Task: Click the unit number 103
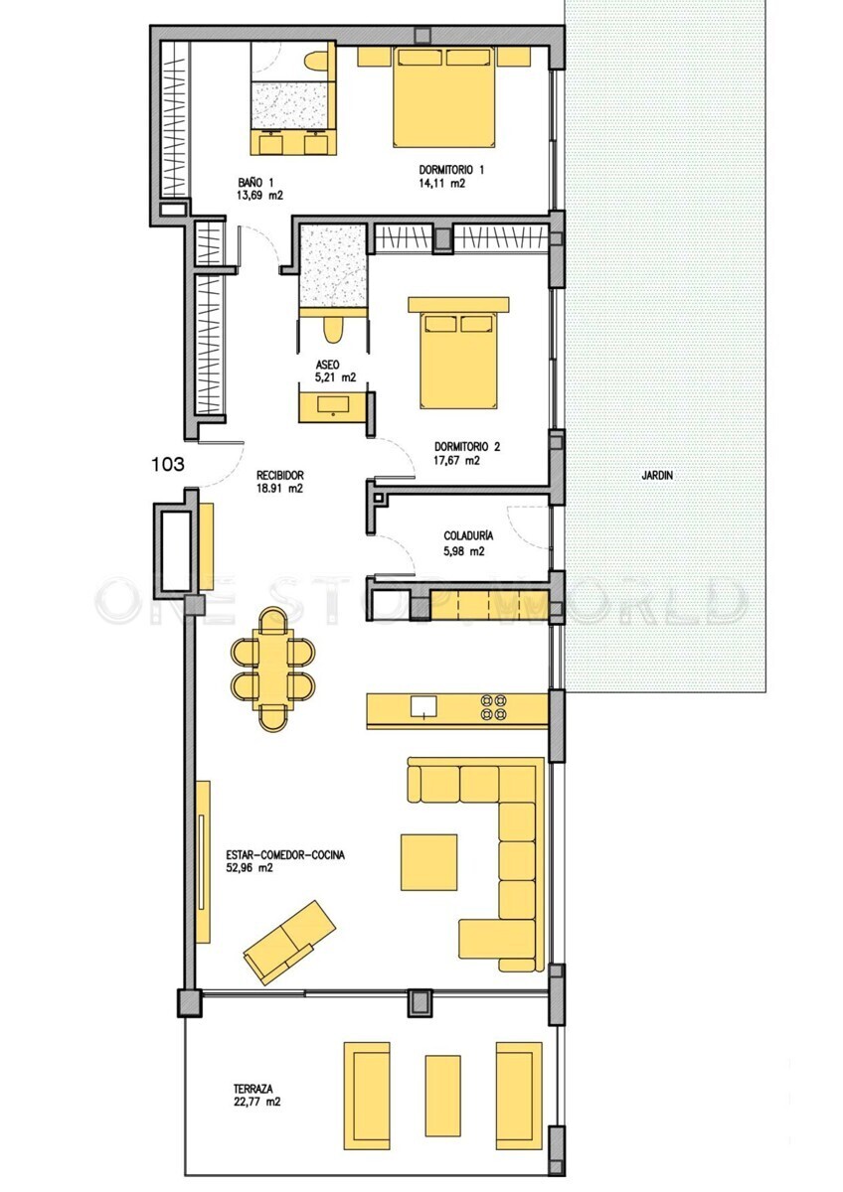click(168, 465)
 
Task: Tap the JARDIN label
click(657, 475)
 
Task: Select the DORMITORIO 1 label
click(451, 170)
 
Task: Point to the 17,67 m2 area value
click(457, 461)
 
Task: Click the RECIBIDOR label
click(279, 475)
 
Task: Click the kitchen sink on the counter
click(423, 707)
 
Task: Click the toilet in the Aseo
click(333, 330)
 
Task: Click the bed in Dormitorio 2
click(458, 353)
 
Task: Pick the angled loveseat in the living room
click(289, 944)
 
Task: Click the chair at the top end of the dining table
click(275, 619)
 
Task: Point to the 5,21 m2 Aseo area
click(335, 377)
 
